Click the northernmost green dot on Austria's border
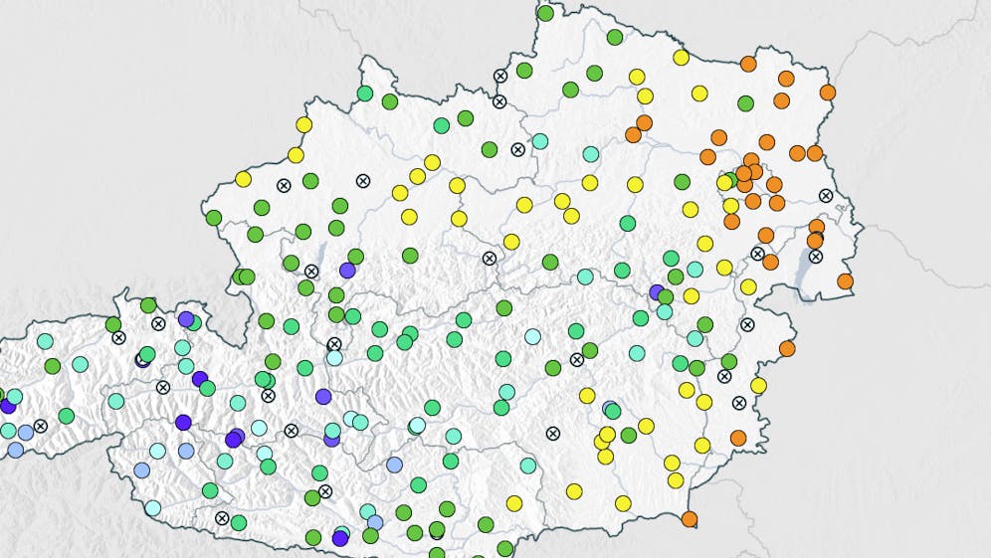point(545,13)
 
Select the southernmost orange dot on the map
point(690,518)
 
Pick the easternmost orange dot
point(845,281)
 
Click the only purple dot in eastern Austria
point(657,291)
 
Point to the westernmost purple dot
point(8,406)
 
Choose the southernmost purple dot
point(340,538)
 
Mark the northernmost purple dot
point(347,270)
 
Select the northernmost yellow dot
point(681,58)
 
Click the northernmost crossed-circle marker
point(500,76)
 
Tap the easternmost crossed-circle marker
point(825,195)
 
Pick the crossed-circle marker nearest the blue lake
point(816,256)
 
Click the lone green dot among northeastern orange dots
point(745,103)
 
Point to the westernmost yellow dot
point(243,179)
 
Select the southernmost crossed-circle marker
point(222,518)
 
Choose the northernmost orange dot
point(748,64)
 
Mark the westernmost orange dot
point(633,134)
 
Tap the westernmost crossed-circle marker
point(40,426)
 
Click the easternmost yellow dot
point(758,385)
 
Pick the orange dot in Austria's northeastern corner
point(827,93)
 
